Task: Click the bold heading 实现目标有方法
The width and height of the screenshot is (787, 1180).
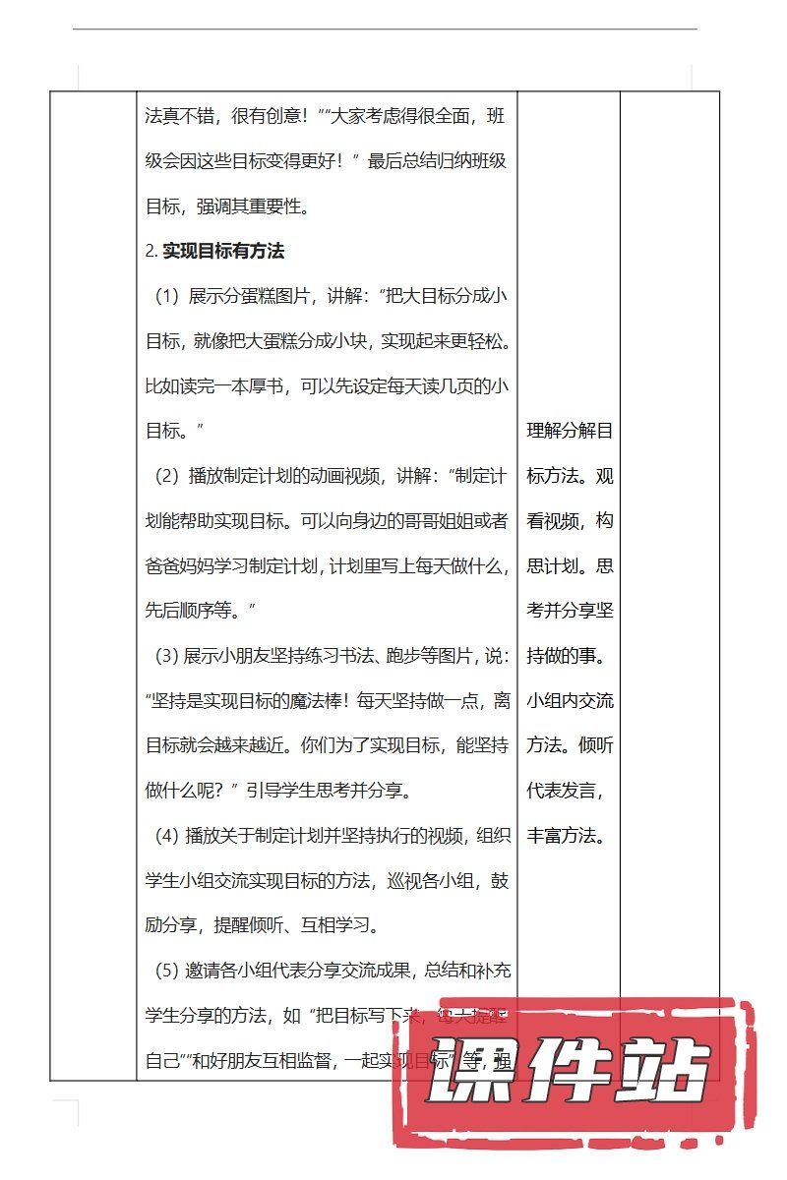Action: click(223, 251)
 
